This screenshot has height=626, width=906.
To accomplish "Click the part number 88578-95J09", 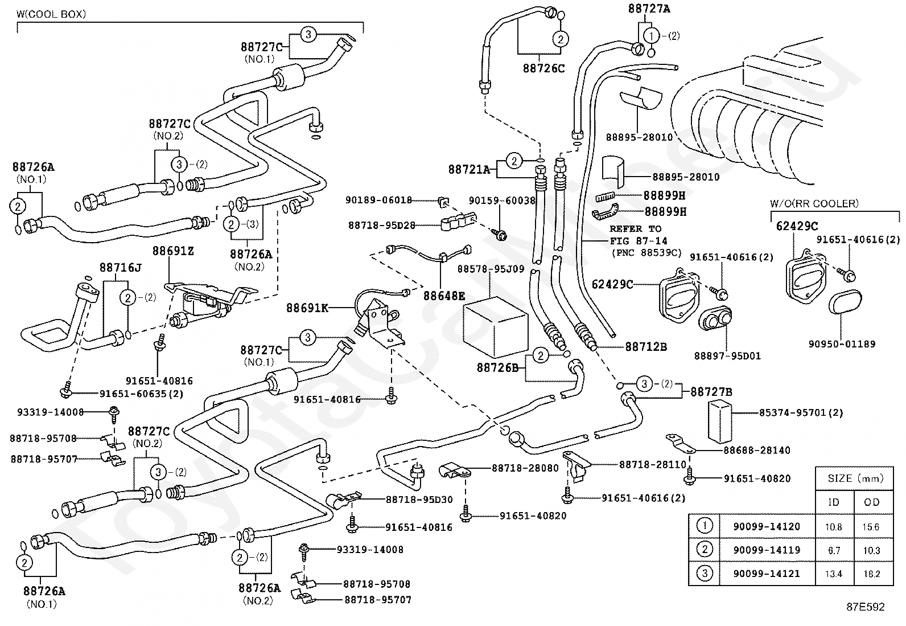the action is click(491, 269).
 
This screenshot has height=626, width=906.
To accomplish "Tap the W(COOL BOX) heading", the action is click(51, 14).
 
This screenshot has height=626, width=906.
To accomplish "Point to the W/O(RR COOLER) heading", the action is click(814, 203).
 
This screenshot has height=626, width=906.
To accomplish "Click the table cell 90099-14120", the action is click(767, 526).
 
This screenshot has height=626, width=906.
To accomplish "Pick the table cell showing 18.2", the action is click(872, 574).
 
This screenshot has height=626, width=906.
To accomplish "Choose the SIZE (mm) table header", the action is click(855, 478).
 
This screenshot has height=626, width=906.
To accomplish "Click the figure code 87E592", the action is click(866, 607).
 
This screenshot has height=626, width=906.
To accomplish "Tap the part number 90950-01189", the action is click(842, 344).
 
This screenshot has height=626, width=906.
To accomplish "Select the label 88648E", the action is click(444, 296).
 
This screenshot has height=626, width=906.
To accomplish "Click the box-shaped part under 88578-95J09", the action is click(495, 328).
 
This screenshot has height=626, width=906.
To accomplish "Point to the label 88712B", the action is click(646, 347).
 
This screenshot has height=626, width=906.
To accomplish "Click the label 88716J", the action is click(121, 268).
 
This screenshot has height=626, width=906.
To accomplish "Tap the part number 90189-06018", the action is click(378, 200).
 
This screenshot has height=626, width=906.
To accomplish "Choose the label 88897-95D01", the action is click(728, 356).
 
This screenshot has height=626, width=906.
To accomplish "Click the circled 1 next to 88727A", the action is click(651, 36).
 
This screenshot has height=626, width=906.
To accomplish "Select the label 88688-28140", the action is click(757, 450).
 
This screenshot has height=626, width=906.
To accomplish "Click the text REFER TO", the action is click(636, 229).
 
